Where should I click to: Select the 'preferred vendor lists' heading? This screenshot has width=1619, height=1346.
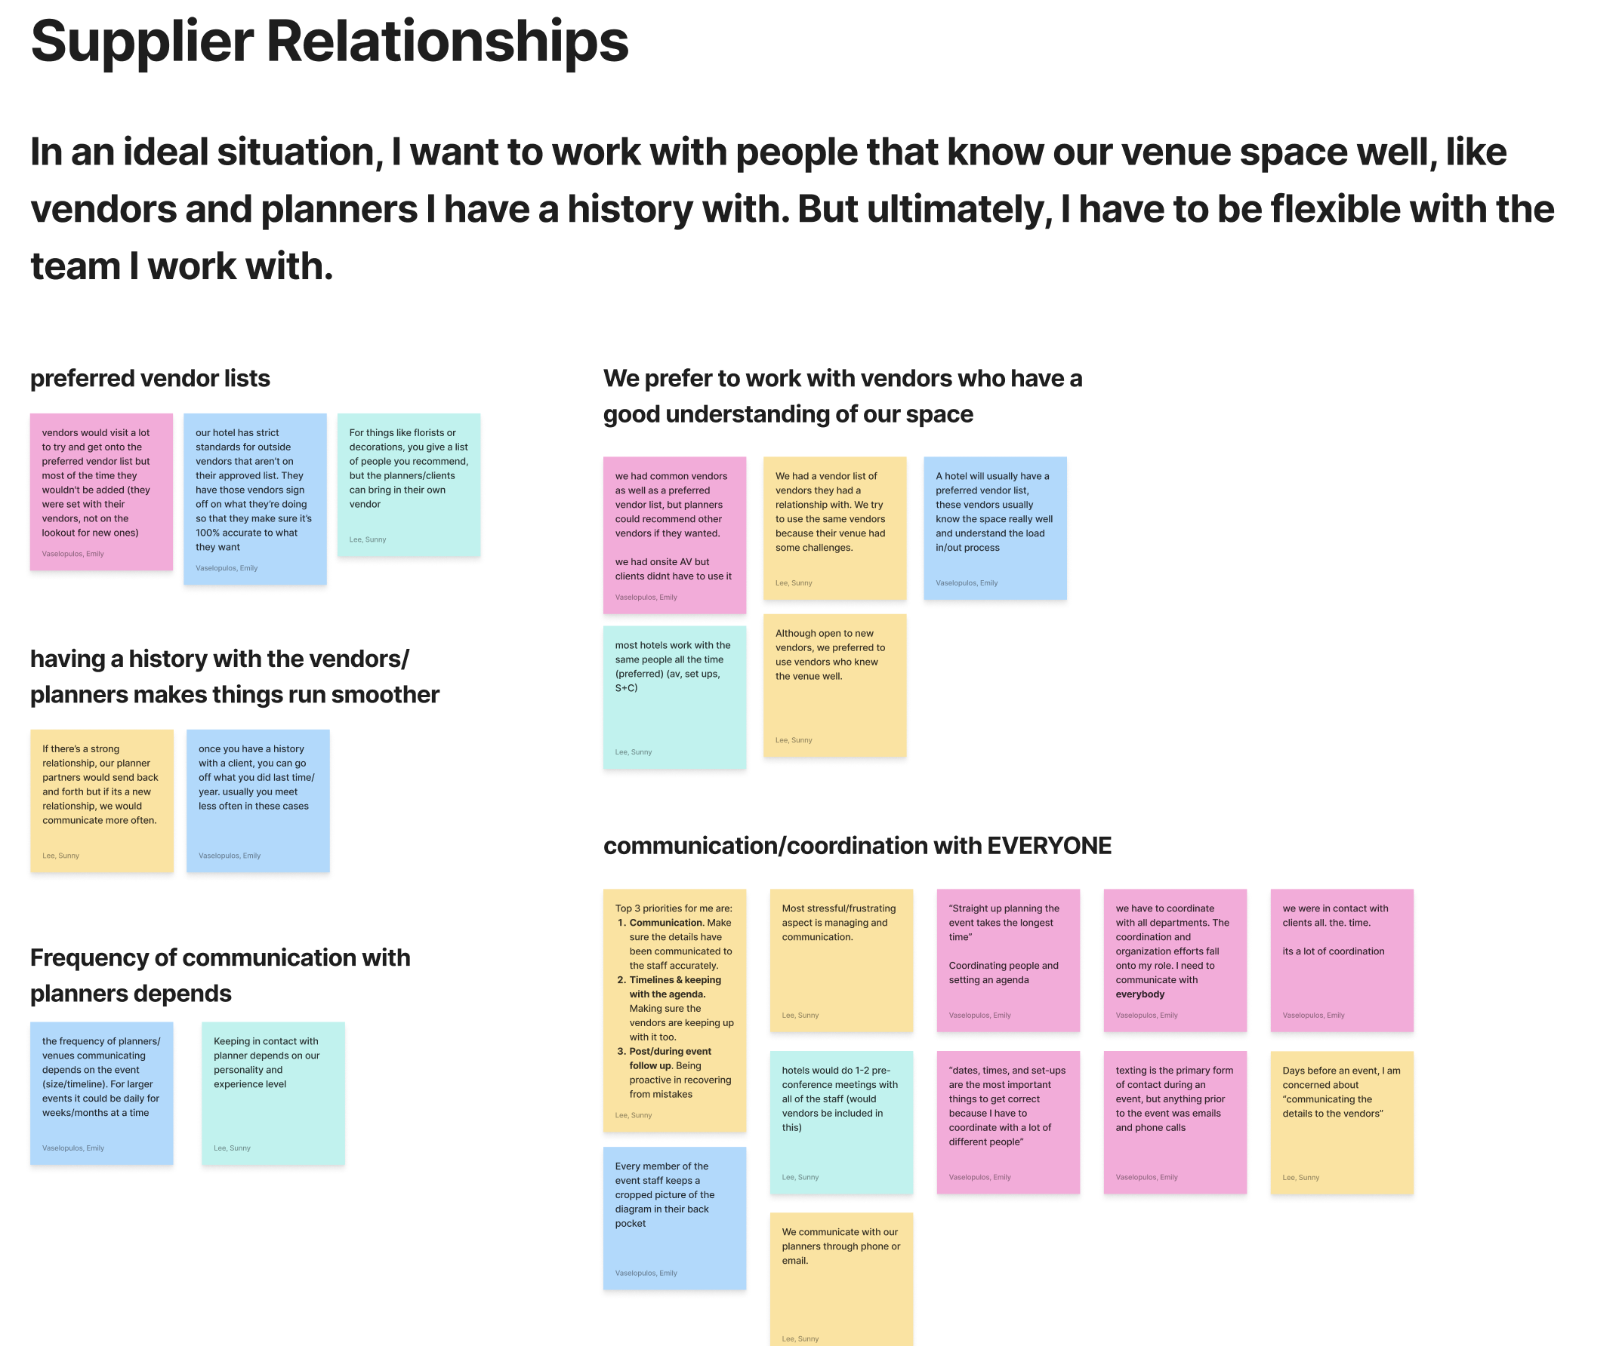150,378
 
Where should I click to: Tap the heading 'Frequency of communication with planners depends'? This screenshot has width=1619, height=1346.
220,975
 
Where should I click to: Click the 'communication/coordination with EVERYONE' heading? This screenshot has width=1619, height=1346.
856,845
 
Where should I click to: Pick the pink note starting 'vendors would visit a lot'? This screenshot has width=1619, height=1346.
101,492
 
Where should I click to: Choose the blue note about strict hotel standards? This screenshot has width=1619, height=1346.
254,499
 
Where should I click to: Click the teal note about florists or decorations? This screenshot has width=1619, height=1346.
409,484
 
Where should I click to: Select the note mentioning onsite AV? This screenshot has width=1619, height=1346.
674,535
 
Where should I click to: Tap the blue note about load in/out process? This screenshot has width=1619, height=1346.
995,528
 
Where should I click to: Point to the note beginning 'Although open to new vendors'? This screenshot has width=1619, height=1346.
834,685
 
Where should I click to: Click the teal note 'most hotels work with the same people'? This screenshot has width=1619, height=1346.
674,696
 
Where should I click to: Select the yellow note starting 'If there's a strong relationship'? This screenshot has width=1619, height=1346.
102,800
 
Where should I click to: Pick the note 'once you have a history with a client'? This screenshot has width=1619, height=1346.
257,800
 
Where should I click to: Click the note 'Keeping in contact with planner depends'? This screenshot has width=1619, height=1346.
273,1092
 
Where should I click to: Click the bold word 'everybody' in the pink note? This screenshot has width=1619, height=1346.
1139,994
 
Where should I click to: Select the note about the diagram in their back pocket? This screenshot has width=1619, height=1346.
674,1217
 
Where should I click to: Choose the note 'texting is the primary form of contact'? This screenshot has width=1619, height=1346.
1174,1122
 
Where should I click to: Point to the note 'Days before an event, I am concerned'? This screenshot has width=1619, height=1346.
1341,1122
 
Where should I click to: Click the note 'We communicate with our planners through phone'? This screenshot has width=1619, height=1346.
841,1279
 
